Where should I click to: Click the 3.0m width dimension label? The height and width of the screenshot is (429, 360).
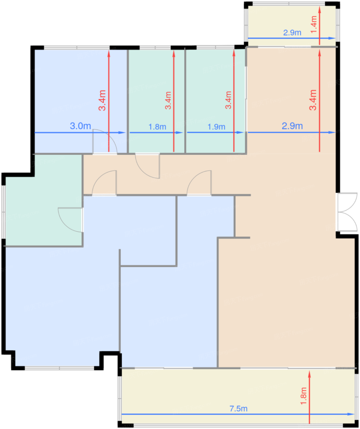(x=80, y=126)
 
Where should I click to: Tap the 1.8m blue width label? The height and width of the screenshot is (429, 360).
(x=157, y=127)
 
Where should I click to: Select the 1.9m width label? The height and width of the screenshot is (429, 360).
(x=216, y=127)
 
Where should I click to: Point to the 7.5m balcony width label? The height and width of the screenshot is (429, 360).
(x=238, y=408)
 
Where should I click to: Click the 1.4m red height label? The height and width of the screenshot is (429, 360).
(x=314, y=25)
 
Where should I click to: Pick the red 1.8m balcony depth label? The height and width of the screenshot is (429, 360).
(x=304, y=396)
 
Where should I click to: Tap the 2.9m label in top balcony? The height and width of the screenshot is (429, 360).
(x=292, y=32)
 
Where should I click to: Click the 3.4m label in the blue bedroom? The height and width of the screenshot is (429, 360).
(x=102, y=100)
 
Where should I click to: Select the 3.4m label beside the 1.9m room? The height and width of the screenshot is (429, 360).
(x=228, y=100)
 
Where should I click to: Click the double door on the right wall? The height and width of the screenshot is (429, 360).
(x=347, y=212)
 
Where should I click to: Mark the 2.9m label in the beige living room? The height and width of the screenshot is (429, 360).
(x=292, y=126)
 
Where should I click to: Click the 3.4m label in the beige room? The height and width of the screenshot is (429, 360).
(x=313, y=100)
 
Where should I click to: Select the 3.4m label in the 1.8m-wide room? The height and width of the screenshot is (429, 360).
(x=168, y=100)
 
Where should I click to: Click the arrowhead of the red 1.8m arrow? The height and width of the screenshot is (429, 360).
(x=309, y=374)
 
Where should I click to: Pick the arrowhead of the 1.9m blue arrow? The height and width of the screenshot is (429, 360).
(x=240, y=132)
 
